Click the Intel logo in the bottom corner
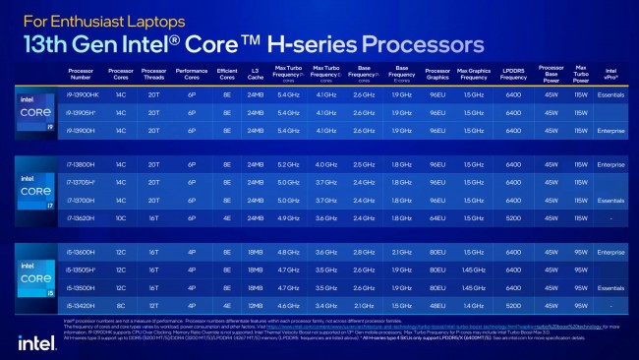tap(35, 340)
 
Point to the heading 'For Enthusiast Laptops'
tap(87, 19)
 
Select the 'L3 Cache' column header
tap(256, 75)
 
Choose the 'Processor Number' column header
tap(83, 75)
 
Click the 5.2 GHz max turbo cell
tap(289, 163)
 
